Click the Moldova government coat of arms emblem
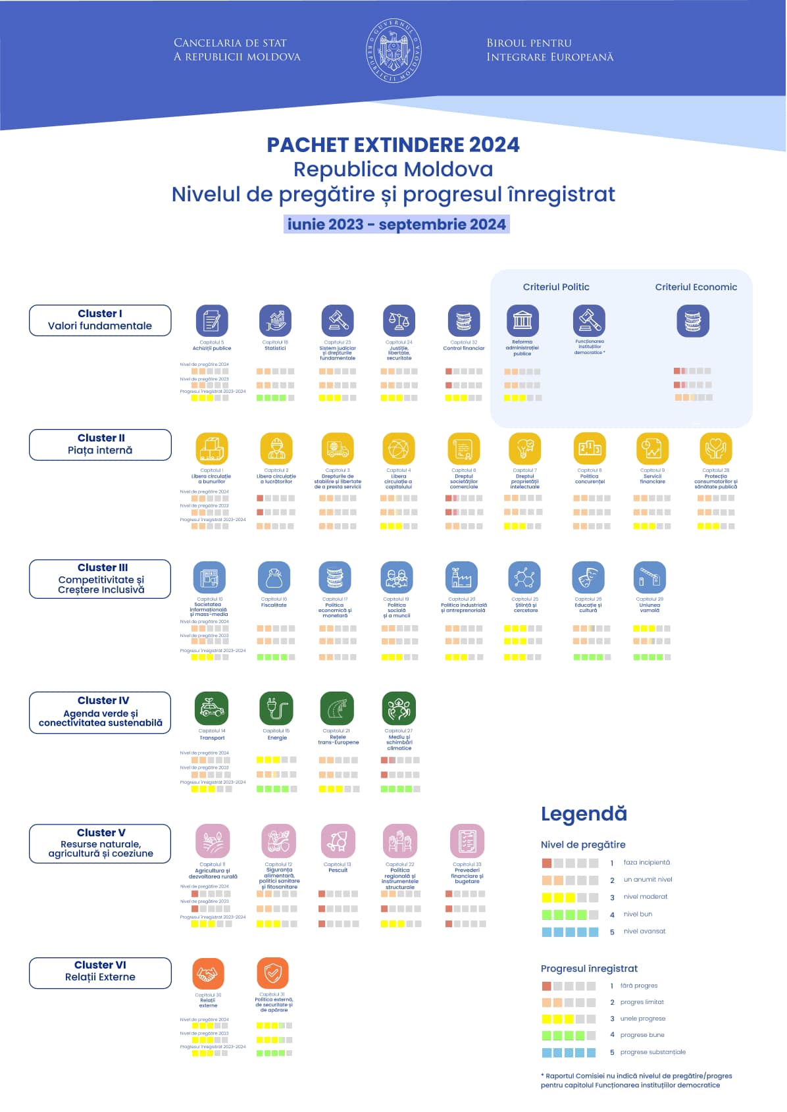[x=393, y=50]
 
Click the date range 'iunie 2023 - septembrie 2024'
[x=396, y=224]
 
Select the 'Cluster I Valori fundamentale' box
[x=100, y=320]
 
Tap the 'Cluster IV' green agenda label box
[x=100, y=712]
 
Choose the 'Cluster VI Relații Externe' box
[x=100, y=972]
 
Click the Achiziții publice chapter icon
[x=212, y=321]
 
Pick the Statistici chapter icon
[x=276, y=321]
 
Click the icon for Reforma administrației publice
[x=522, y=321]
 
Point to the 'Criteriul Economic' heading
[x=696, y=287]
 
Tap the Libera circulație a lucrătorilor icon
[x=276, y=449]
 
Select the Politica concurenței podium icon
[x=590, y=449]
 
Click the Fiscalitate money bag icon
[x=274, y=578]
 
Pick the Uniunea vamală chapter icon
[x=649, y=578]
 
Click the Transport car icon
[x=212, y=708]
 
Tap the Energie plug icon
[x=276, y=708]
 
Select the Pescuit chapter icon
[x=338, y=841]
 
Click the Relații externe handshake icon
[x=208, y=974]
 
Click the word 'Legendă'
[x=584, y=814]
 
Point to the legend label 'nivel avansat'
[x=644, y=931]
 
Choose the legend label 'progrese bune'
[x=642, y=1035]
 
